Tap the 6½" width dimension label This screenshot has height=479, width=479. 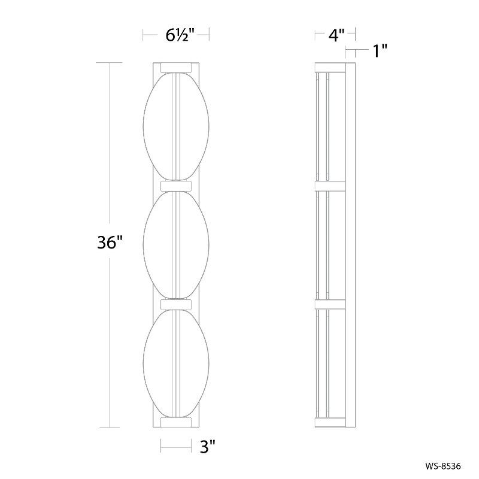(x=176, y=35)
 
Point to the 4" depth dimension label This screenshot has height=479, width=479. (x=335, y=35)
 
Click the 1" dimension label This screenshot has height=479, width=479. (x=380, y=51)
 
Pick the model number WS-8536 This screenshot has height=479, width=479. (x=451, y=465)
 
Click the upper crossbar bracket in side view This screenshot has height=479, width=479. (x=330, y=185)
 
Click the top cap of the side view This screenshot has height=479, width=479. (x=330, y=66)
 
